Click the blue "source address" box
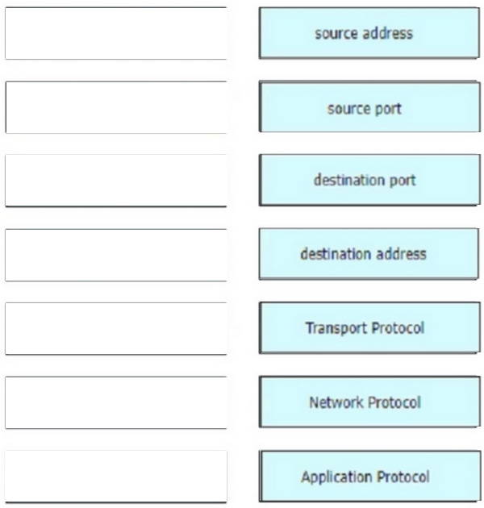[365, 34]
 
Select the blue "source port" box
[365, 107]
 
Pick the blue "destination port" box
[365, 181]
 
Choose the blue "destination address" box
[365, 254]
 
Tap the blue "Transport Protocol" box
[365, 328]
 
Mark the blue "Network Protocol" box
[365, 402]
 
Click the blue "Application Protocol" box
[365, 476]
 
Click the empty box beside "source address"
[115, 34]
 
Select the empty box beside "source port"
[115, 107]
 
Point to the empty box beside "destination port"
[115, 181]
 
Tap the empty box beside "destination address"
[115, 254]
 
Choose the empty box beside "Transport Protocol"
[115, 328]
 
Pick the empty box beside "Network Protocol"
[115, 402]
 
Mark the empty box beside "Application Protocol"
[115, 476]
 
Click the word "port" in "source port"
[387, 108]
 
